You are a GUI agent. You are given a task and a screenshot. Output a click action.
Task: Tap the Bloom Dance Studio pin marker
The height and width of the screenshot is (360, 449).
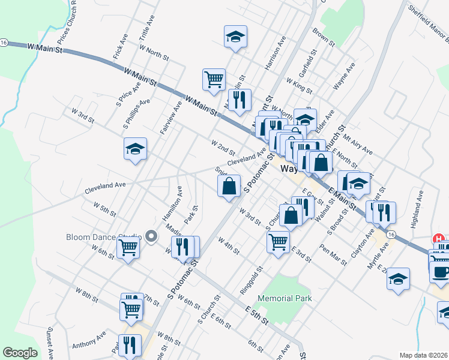151,237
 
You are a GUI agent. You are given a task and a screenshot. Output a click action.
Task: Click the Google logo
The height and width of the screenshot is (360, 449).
20,353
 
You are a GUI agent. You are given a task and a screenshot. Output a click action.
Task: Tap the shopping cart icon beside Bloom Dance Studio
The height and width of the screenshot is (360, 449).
128,246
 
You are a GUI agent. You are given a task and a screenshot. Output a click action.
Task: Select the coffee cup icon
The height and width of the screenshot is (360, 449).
440,272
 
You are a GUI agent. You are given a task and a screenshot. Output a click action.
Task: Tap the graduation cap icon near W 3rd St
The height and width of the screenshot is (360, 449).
136,149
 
